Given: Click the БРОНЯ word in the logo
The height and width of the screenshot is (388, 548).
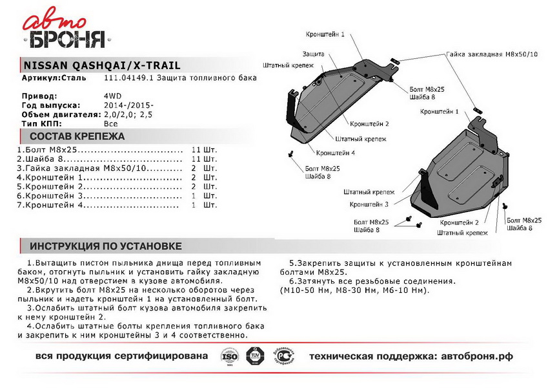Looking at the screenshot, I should [x=65, y=39].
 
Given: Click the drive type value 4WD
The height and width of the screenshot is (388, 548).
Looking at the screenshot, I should [x=111, y=96].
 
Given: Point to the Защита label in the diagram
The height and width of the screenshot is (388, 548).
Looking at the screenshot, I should [x=312, y=54].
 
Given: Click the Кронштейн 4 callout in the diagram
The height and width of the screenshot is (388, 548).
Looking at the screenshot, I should [x=336, y=153].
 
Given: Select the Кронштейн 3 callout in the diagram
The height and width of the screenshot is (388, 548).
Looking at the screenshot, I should [x=369, y=204].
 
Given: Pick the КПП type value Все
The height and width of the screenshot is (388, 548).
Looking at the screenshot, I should [x=110, y=122].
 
